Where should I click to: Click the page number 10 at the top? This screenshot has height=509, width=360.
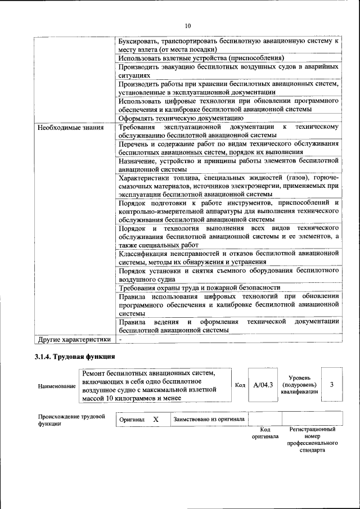188,25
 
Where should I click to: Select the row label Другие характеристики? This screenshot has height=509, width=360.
74,340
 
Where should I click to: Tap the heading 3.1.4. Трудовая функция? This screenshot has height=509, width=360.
75,357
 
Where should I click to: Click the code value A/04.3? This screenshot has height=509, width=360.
263,385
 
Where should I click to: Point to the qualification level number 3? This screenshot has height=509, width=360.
332,384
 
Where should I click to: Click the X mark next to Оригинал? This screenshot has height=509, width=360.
156,419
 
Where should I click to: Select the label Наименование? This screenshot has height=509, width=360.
57,386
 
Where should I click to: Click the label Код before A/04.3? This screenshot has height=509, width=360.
240,385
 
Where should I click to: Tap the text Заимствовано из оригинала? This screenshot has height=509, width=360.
209,419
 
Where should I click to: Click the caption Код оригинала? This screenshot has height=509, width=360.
265,433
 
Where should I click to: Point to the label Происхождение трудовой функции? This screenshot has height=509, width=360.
72,420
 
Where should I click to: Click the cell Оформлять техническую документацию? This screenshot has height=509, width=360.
181,118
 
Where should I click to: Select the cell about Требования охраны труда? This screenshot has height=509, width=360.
199,287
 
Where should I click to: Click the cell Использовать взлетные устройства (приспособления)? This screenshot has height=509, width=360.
201,58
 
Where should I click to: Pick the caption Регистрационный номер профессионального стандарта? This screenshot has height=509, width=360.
312,439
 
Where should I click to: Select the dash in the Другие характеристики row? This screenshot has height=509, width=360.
120,340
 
